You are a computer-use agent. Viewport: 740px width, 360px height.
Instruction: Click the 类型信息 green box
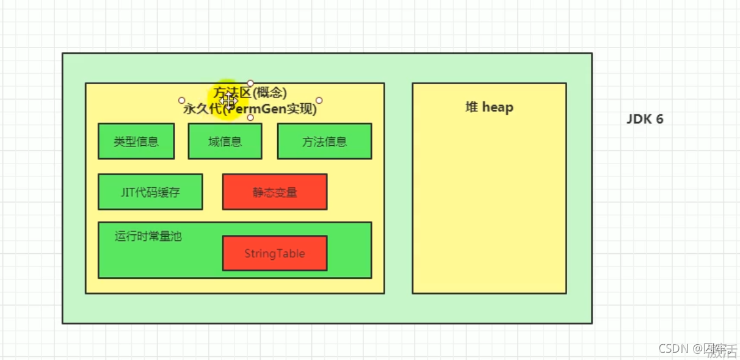136,142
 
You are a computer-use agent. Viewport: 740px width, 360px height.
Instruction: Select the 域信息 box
225,142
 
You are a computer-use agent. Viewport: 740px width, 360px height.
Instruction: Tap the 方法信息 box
324,142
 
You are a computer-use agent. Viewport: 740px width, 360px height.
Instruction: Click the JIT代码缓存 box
150,192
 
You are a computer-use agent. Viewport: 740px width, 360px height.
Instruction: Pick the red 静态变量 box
275,192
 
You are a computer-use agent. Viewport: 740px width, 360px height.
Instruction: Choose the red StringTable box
275,253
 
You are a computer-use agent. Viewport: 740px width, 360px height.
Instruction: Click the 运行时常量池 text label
148,236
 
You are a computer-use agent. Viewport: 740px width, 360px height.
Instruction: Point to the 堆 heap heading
489,107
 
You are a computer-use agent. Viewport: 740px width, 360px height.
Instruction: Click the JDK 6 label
645,119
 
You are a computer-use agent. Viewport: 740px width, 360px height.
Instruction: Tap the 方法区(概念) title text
250,93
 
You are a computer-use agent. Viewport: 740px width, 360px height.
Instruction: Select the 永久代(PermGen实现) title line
250,109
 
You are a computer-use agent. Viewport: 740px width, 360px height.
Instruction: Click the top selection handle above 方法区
250,83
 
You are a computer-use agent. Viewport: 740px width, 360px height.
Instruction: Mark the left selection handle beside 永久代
181,100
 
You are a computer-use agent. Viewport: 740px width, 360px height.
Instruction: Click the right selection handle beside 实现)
319,100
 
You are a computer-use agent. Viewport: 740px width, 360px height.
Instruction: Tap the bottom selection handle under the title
250,117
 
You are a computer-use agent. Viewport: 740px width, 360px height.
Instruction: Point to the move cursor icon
228,100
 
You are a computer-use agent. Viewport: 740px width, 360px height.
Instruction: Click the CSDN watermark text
674,348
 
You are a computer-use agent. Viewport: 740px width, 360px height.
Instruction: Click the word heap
498,107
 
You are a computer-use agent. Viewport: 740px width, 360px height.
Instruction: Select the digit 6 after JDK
659,119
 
